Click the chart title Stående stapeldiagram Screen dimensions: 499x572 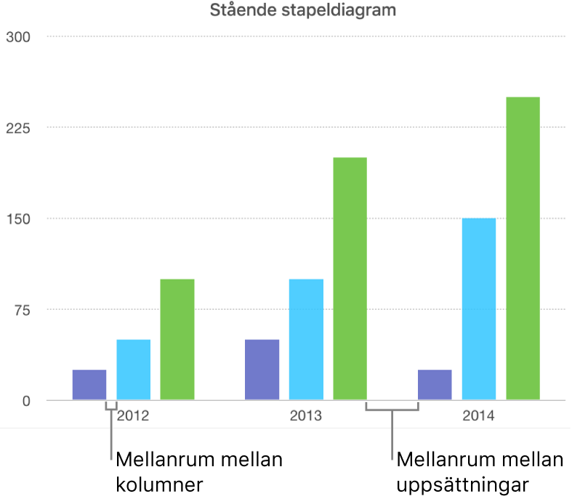tap(304, 10)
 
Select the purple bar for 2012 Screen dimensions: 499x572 tap(89, 385)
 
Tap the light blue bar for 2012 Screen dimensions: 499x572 tap(134, 370)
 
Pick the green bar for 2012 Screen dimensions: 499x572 tap(177, 339)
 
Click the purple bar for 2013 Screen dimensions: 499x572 tap(262, 370)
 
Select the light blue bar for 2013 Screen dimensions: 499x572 tap(306, 339)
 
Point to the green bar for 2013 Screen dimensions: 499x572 tap(350, 279)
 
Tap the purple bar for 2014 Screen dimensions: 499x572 tap(435, 385)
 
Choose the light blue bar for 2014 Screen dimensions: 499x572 tap(479, 309)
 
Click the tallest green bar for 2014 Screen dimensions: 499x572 tap(523, 248)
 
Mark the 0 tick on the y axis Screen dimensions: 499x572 tap(27, 401)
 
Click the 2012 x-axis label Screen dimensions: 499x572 tap(134, 417)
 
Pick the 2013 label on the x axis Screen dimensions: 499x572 tap(306, 417)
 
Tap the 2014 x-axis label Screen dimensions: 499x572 tap(479, 417)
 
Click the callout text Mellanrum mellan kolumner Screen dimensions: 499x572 tap(198, 471)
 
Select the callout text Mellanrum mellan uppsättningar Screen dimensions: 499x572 tap(480, 471)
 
